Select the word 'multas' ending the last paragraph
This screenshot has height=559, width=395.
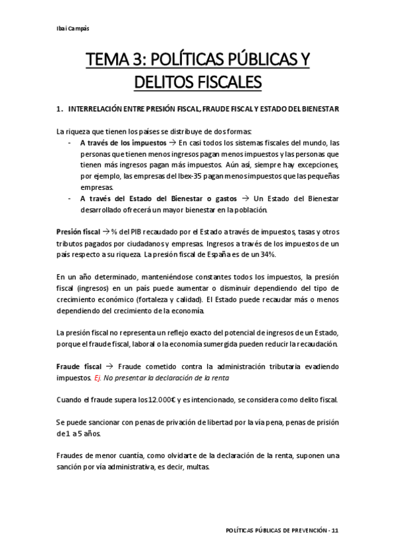pos(197,466)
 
